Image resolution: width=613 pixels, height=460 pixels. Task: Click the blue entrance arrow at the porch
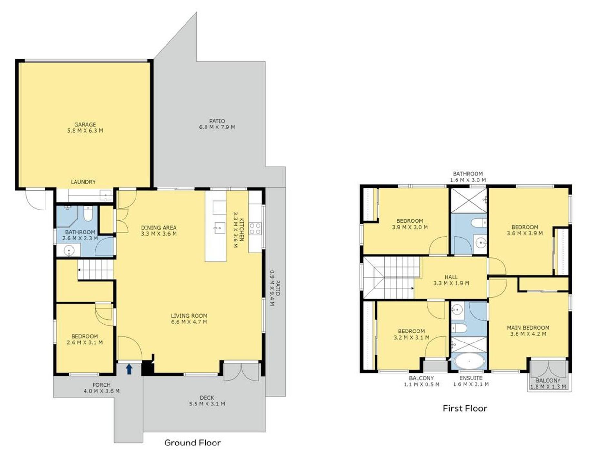click(129, 369)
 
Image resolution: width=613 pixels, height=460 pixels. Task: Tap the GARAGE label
click(85, 124)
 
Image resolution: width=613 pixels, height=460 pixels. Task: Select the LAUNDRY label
click(83, 182)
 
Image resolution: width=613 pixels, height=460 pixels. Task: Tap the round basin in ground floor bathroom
click(69, 250)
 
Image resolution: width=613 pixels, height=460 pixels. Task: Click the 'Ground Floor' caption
click(193, 443)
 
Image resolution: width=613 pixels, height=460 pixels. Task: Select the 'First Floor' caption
click(465, 408)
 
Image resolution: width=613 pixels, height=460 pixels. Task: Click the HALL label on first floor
click(451, 277)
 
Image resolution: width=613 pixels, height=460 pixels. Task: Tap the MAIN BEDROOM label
click(528, 328)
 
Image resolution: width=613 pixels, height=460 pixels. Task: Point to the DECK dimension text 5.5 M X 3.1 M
click(207, 404)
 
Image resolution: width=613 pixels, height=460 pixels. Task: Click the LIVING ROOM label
click(189, 316)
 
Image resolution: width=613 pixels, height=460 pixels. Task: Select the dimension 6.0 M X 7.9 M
click(217, 127)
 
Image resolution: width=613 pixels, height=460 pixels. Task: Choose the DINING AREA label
click(159, 228)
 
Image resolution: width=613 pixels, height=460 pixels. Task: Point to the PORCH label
click(102, 385)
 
